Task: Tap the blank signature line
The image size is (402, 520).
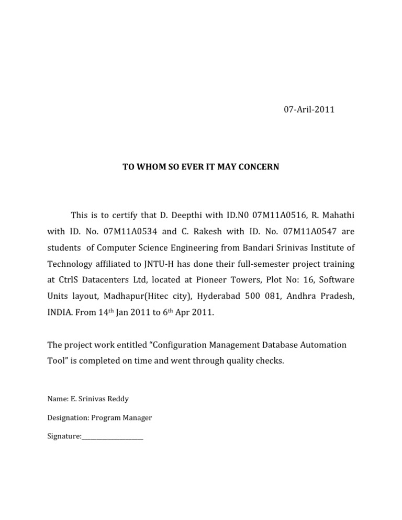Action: pyautogui.click(x=113, y=437)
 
